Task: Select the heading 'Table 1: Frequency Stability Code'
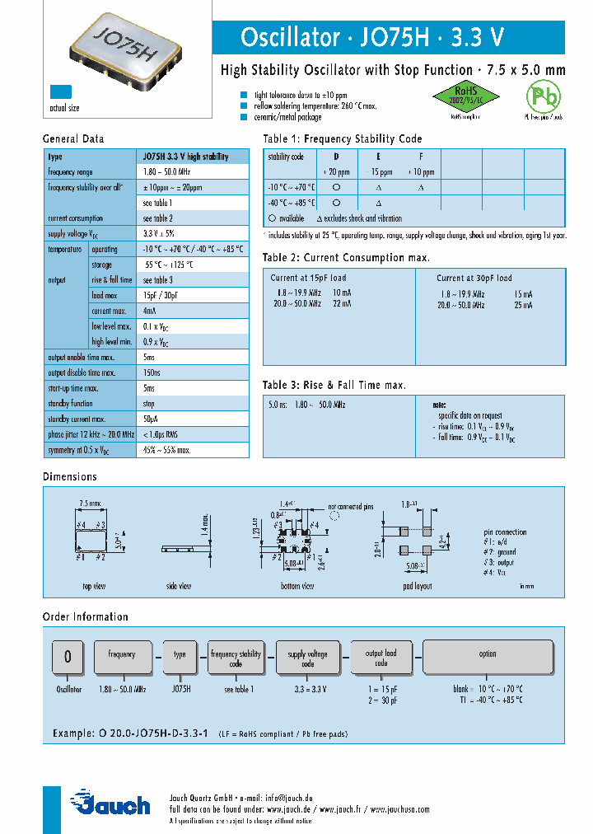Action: click(x=342, y=139)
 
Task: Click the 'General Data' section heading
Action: click(x=73, y=139)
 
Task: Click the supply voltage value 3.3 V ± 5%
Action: click(x=159, y=233)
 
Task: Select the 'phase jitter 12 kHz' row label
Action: click(x=88, y=435)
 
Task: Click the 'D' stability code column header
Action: click(x=335, y=157)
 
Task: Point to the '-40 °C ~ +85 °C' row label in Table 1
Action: click(x=292, y=203)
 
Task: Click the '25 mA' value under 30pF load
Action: click(x=522, y=305)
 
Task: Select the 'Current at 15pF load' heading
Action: click(x=308, y=279)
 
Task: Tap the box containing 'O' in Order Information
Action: click(x=68, y=656)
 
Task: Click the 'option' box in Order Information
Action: click(x=488, y=654)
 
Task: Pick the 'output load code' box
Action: click(x=381, y=658)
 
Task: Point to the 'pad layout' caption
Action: click(x=418, y=586)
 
